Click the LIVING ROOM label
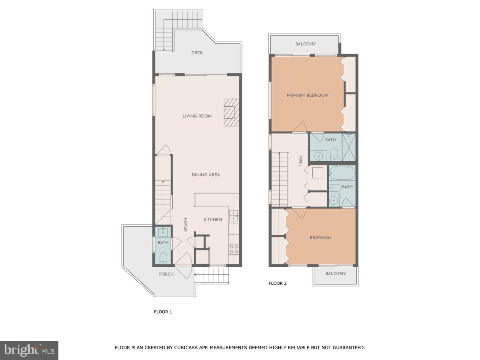click(x=197, y=116)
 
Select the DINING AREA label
click(x=206, y=175)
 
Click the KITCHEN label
click(x=212, y=220)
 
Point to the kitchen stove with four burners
click(x=234, y=250)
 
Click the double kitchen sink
click(x=234, y=216)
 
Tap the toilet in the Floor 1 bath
click(x=163, y=258)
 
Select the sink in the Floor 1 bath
click(x=163, y=232)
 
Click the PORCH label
click(x=166, y=274)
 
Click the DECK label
click(x=197, y=53)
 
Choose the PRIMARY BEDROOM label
click(x=307, y=95)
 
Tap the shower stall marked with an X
click(x=348, y=147)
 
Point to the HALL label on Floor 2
click(x=301, y=161)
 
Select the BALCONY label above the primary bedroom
click(x=306, y=44)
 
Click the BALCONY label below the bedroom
click(x=335, y=274)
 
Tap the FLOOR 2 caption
click(x=278, y=284)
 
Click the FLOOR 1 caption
click(x=163, y=312)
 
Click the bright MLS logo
click(x=29, y=350)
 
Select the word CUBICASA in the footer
click(x=187, y=348)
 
